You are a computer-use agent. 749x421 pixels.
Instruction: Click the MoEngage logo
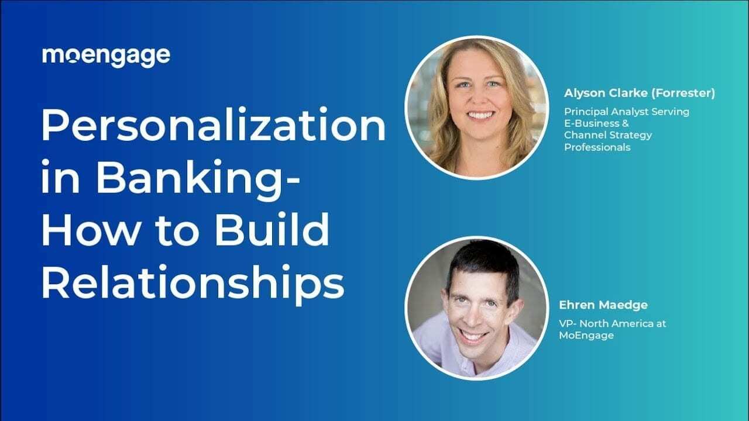pyautogui.click(x=106, y=56)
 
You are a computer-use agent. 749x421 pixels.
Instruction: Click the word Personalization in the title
pyautogui.click(x=213, y=127)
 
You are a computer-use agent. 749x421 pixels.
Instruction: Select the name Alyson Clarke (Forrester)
pyautogui.click(x=640, y=94)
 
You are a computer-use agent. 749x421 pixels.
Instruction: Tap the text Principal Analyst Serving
pyautogui.click(x=627, y=111)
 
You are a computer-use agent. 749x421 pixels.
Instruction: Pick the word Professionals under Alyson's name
pyautogui.click(x=597, y=147)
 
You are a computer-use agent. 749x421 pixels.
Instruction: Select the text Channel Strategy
pyautogui.click(x=608, y=135)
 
